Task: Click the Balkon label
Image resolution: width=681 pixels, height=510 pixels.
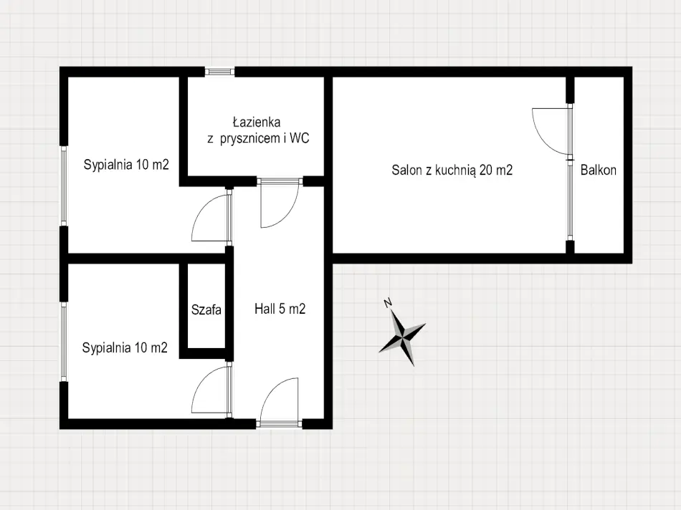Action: [598, 170]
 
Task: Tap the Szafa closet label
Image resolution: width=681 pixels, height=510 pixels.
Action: [206, 309]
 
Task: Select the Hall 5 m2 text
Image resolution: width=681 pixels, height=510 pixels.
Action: [280, 309]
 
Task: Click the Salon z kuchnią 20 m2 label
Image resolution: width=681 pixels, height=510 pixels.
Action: [452, 170]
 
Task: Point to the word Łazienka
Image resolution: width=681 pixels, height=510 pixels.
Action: [256, 122]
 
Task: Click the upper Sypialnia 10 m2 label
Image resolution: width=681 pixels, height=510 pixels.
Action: [126, 165]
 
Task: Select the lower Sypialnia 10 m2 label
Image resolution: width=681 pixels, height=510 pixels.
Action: [125, 347]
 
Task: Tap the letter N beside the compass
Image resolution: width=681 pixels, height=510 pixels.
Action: [388, 302]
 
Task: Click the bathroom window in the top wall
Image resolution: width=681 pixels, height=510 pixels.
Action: [219, 72]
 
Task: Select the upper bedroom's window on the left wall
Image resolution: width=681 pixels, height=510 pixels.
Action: [64, 186]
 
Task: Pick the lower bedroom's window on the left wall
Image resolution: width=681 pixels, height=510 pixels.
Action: [64, 342]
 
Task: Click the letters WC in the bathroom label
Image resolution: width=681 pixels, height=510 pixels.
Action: [299, 138]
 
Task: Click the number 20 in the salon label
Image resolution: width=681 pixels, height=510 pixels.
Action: [485, 170]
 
